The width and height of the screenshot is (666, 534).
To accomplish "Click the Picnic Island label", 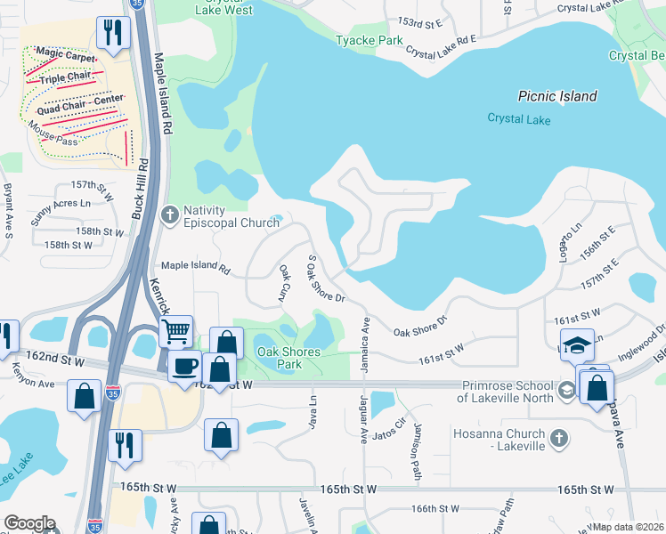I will (x=557, y=96).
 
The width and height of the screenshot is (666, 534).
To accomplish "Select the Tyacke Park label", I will (x=370, y=40).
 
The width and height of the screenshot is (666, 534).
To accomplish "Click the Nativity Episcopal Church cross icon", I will (x=169, y=214).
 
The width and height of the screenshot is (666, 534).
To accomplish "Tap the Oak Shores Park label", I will (x=288, y=358).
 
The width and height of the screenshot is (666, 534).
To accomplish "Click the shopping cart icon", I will (x=176, y=331).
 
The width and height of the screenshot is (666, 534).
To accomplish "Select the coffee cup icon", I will (x=185, y=365).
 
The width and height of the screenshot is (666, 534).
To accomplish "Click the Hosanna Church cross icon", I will (x=558, y=438).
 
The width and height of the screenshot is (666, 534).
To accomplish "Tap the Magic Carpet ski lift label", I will (x=67, y=56).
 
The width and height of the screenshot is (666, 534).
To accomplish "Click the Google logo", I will (x=30, y=523).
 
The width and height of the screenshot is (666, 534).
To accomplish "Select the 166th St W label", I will (x=435, y=509).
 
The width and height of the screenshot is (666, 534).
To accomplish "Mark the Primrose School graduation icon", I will (x=565, y=391).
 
